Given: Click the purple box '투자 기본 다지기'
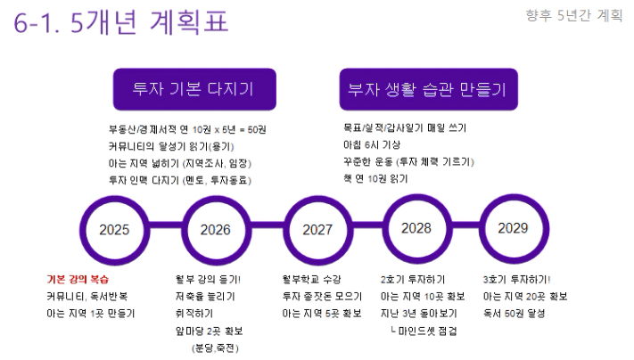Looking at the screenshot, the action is click(x=194, y=89).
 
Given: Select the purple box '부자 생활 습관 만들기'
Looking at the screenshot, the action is click(x=429, y=89).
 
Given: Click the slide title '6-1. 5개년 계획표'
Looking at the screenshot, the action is click(x=121, y=21).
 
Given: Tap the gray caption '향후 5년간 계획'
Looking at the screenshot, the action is click(x=573, y=15).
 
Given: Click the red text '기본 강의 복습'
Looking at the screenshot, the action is click(x=78, y=279).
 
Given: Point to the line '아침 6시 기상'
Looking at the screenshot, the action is click(x=372, y=144).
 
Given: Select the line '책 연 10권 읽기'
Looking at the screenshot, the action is click(x=375, y=178).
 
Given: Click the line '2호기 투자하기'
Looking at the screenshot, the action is click(x=413, y=279).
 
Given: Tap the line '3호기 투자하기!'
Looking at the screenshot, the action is click(x=516, y=279).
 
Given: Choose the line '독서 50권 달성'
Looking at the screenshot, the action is click(x=514, y=313).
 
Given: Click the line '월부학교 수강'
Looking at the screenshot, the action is click(x=311, y=279).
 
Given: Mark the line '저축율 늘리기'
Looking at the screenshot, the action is click(x=205, y=296).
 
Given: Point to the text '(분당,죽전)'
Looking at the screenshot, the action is click(x=215, y=348).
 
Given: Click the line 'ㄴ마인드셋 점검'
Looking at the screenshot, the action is click(x=424, y=331).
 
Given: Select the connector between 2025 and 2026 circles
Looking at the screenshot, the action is click(x=165, y=230).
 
